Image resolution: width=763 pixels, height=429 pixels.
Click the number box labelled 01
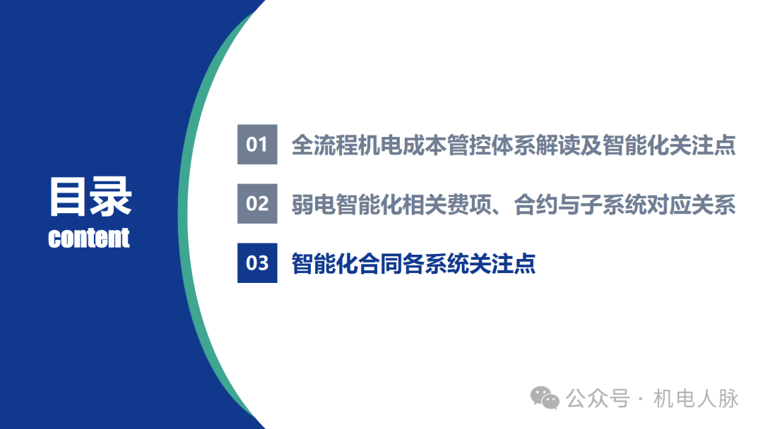coord(257,145)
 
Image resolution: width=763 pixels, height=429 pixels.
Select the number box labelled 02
coord(257,204)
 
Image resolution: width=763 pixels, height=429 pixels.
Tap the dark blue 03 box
coord(257,263)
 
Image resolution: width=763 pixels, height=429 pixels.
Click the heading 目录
coord(90,196)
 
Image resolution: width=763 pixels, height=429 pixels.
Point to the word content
coord(89,238)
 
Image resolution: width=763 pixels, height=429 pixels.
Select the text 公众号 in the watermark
coord(597,399)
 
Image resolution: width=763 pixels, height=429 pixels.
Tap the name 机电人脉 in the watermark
coord(696,399)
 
